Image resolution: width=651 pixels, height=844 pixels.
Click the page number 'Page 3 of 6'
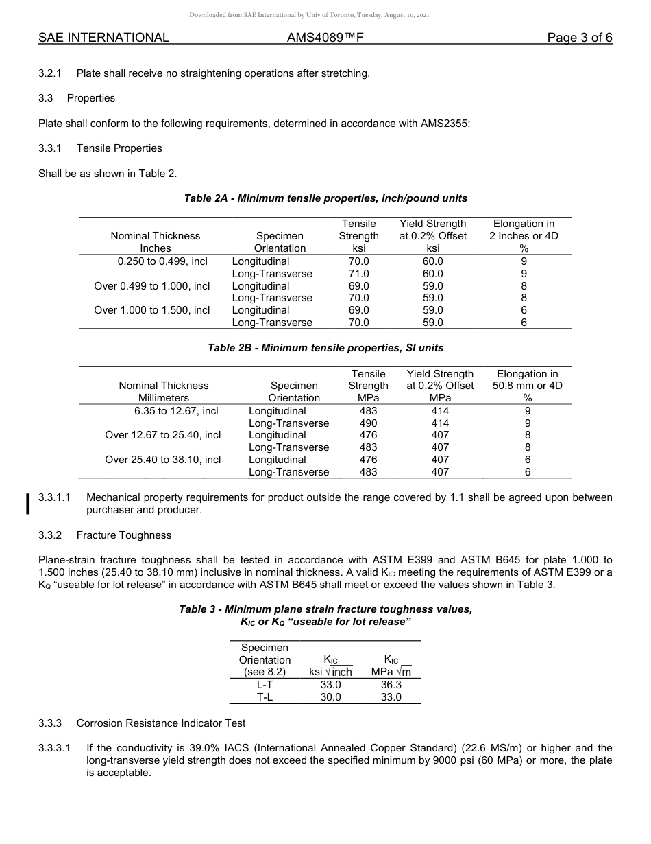pyautogui.click(x=579, y=38)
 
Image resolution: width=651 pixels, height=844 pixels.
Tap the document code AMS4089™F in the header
pyautogui.click(x=325, y=38)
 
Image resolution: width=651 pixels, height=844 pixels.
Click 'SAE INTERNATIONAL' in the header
pyautogui.click(x=103, y=38)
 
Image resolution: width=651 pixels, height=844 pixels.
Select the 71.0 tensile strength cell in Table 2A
pyautogui.click(x=358, y=274)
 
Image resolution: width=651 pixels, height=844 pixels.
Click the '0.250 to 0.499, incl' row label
pyautogui.click(x=162, y=261)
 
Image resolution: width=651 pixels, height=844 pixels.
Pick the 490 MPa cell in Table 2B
pyautogui.click(x=368, y=423)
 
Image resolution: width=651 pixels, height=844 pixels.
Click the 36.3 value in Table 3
pyautogui.click(x=391, y=685)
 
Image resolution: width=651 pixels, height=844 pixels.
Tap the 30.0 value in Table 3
pyautogui.click(x=331, y=697)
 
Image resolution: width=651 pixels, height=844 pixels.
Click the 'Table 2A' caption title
pyautogui.click(x=325, y=198)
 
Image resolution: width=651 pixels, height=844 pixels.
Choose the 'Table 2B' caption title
pyautogui.click(x=325, y=348)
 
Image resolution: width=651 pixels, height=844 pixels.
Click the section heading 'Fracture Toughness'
pyautogui.click(x=124, y=535)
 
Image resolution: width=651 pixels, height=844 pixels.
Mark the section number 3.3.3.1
pyautogui.click(x=55, y=748)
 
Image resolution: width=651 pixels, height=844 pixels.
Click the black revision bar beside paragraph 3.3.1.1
pyautogui.click(x=28, y=503)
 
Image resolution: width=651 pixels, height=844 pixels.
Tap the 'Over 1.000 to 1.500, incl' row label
pyautogui.click(x=152, y=310)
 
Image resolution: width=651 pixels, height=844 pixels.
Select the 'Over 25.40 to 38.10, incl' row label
pyautogui.click(x=163, y=460)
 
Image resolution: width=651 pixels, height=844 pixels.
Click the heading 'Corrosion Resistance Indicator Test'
pyautogui.click(x=161, y=723)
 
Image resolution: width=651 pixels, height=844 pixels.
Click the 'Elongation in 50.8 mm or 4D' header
pyautogui.click(x=527, y=386)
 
